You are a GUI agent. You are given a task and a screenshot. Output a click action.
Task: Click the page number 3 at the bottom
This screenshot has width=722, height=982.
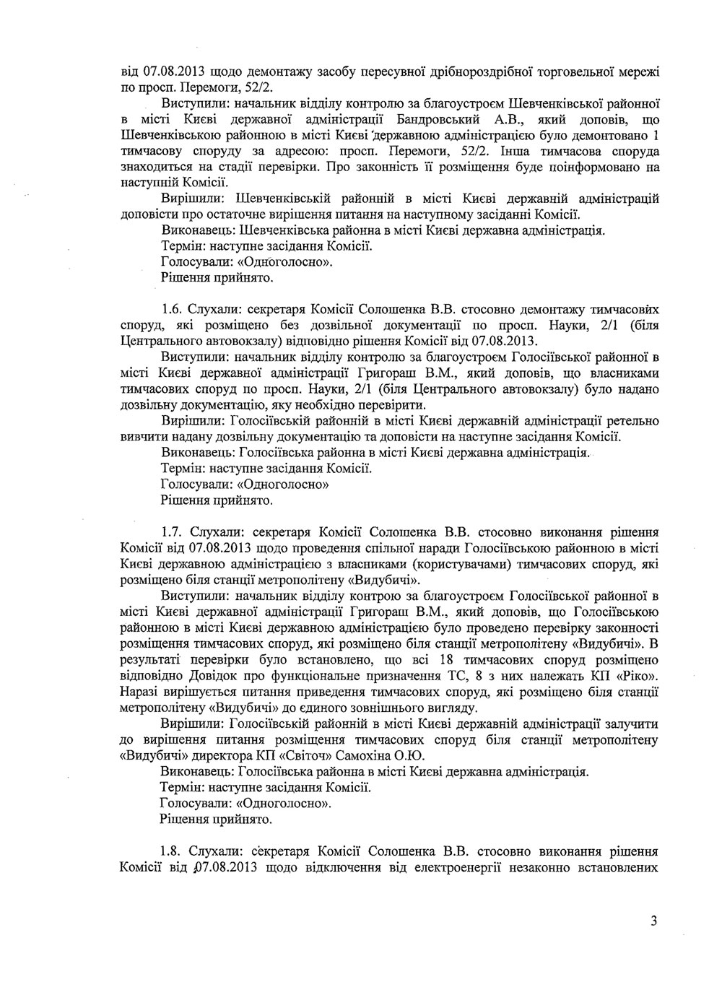coord(653,921)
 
